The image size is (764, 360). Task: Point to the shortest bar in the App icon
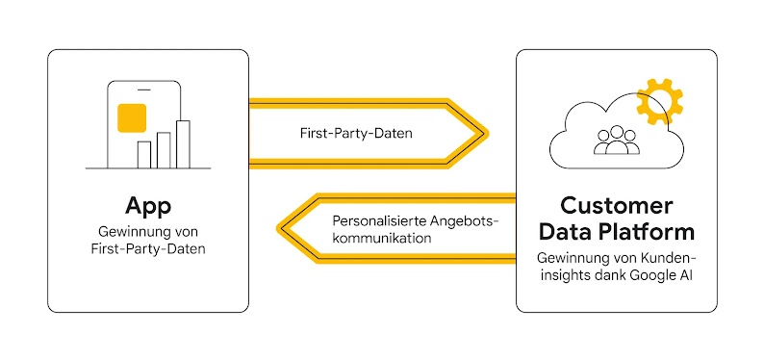[144, 154]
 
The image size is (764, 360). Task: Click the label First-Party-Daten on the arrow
[356, 133]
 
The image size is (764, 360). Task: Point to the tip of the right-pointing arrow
[488, 133]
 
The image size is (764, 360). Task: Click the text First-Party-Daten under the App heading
[147, 249]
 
